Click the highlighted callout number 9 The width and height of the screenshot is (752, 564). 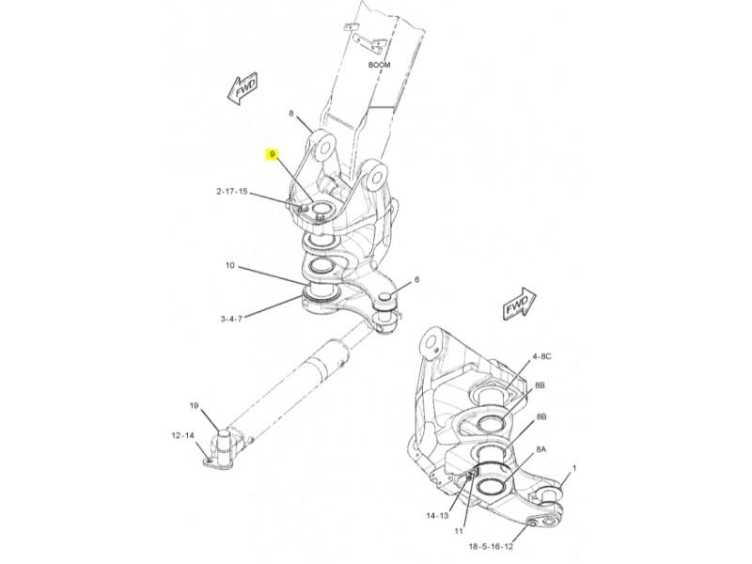point(273,154)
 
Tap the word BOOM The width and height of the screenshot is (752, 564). point(380,65)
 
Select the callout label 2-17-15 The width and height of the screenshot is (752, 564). point(231,192)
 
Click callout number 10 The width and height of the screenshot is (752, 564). point(230,265)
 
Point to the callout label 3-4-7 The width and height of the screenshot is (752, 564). point(231,319)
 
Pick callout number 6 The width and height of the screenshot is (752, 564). point(416,279)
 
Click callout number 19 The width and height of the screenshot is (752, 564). point(194,406)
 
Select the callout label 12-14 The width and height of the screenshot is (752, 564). point(182,435)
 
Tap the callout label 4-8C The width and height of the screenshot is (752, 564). point(541,356)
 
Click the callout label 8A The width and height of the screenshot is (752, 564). point(541,449)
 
